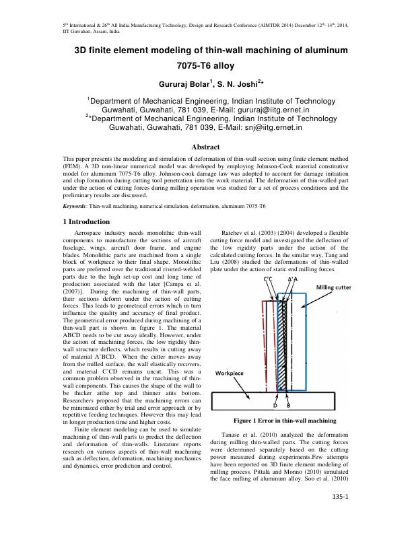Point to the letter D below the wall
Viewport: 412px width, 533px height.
[275, 406]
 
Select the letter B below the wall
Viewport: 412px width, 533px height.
[289, 406]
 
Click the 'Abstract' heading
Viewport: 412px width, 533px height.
[206, 146]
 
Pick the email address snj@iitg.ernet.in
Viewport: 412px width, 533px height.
[269, 126]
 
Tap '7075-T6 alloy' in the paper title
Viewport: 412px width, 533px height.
[206, 67]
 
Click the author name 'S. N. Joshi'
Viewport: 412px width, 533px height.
[232, 85]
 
